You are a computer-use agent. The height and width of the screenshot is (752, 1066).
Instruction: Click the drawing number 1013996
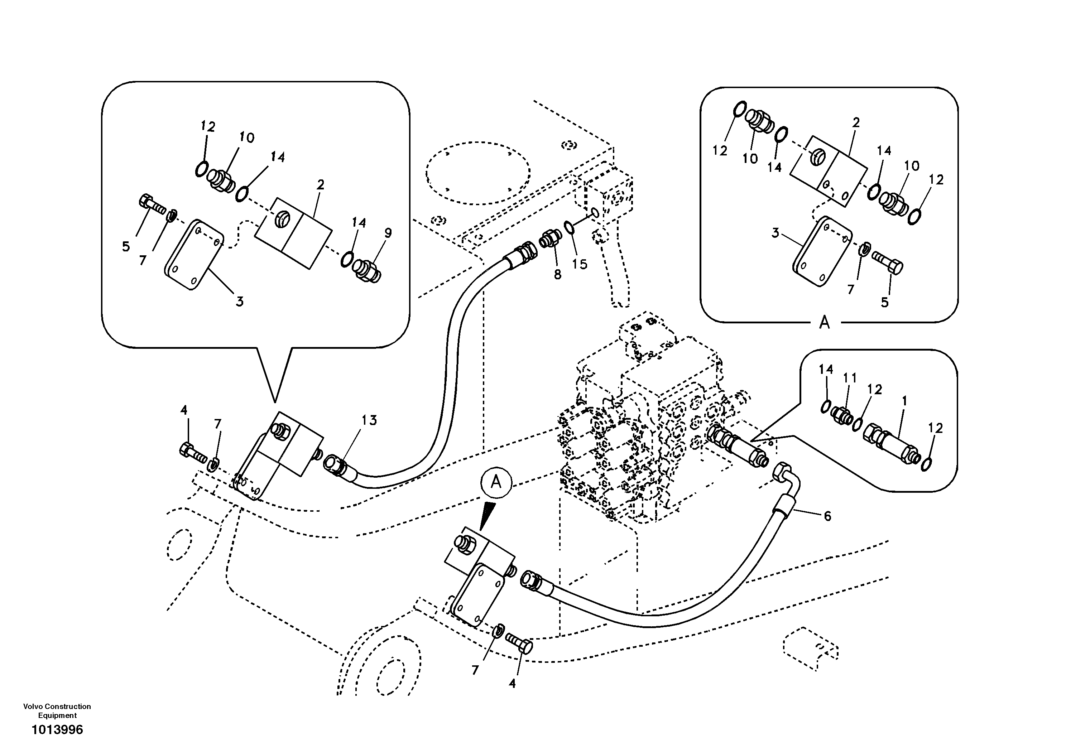pos(57,730)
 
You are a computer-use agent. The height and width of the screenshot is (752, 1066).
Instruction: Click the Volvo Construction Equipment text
pos(57,711)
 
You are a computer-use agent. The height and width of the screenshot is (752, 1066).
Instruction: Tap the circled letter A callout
pos(496,483)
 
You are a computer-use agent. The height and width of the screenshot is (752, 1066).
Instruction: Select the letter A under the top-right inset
pos(824,322)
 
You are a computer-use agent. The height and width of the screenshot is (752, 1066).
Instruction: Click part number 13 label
pos(369,420)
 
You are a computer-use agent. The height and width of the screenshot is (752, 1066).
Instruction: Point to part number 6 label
pos(827,516)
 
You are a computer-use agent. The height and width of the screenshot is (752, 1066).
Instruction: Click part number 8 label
pos(558,275)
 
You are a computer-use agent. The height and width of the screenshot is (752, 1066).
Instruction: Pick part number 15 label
pos(580,264)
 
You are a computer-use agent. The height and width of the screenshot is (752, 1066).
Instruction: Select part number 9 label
pos(388,233)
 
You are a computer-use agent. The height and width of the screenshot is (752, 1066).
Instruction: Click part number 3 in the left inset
pos(239,302)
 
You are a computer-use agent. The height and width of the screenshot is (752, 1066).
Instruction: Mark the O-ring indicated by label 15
pos(569,227)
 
